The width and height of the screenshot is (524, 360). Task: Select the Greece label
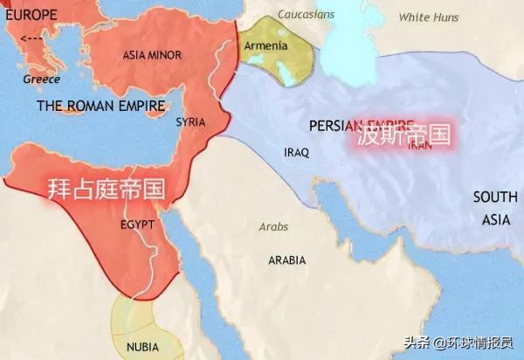[41, 80]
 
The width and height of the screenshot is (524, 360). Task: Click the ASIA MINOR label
[152, 55]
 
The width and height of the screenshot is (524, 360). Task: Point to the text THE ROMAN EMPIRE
[100, 106]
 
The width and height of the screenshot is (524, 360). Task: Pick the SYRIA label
[190, 122]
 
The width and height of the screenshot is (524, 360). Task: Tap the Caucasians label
[307, 15]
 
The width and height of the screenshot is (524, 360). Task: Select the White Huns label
[428, 17]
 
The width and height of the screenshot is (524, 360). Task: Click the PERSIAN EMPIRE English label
[362, 125]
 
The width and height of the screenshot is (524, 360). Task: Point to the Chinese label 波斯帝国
[403, 136]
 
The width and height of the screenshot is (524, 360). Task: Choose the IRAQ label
[297, 152]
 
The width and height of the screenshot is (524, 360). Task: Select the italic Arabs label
[273, 227]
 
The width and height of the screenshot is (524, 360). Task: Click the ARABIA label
[286, 260]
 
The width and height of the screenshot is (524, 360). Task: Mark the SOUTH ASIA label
[495, 208]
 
